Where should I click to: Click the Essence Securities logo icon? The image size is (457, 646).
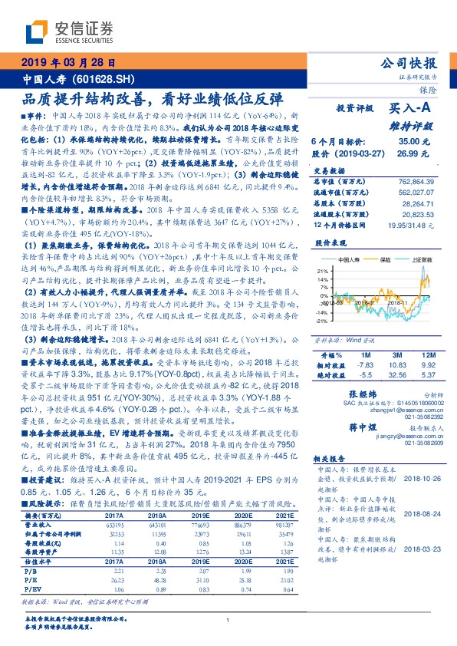38,30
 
